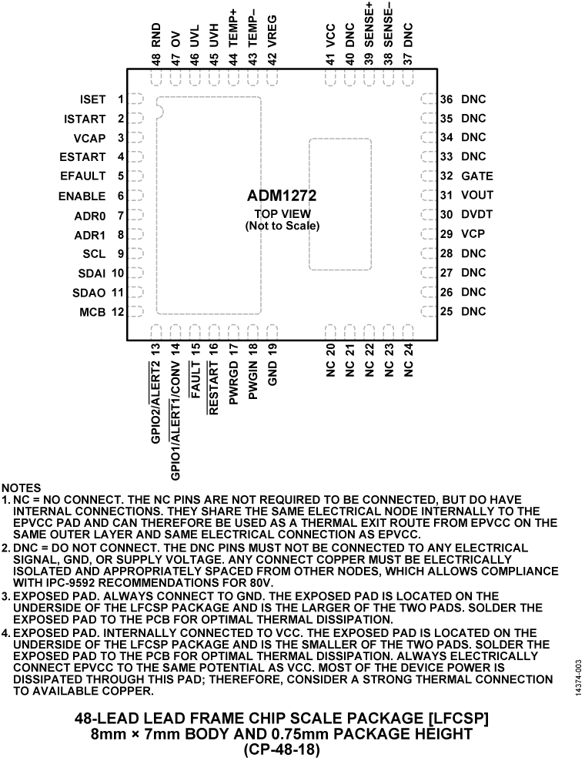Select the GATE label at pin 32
(476, 176)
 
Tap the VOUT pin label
(476, 196)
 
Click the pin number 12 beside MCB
(118, 312)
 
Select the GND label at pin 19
(272, 373)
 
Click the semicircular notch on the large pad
(160, 113)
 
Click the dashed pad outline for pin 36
(428, 99)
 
